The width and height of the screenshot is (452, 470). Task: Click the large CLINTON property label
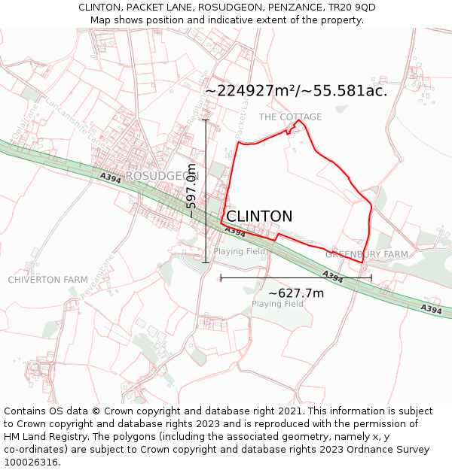[x=259, y=217]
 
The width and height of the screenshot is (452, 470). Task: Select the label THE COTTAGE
[x=290, y=117]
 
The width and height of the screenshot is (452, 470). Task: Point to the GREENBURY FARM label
[x=366, y=255]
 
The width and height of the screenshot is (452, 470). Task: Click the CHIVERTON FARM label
[x=47, y=280]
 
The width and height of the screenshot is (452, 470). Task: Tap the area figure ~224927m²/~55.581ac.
[x=296, y=91]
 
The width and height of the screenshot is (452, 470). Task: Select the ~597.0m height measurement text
[x=192, y=191]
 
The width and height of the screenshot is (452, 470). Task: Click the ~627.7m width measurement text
[x=296, y=293]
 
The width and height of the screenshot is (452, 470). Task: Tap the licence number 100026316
[x=32, y=462]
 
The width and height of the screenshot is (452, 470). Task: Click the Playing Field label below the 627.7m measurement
[x=277, y=304]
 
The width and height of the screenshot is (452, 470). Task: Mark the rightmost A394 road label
[x=431, y=309]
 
